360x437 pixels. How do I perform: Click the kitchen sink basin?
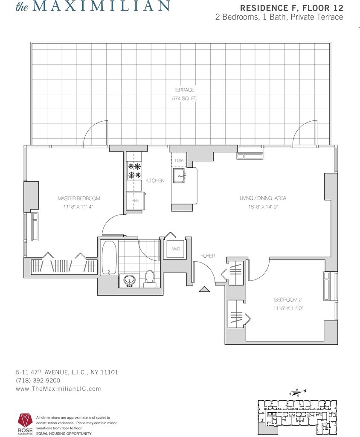point(179,175)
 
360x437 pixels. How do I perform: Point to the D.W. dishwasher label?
point(178,161)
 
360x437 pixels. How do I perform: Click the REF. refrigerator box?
point(135,200)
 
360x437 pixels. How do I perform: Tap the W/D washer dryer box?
point(176,248)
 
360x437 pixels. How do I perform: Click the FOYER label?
point(208,256)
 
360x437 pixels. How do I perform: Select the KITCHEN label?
point(155,181)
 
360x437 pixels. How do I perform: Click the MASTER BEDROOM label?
point(79,198)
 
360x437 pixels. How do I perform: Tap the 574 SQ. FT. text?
point(183,98)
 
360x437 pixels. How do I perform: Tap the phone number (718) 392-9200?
point(38,380)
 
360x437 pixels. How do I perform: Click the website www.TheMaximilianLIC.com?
point(58,388)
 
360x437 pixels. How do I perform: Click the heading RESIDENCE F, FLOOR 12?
point(292,8)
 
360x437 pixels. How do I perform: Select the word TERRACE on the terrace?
point(183,90)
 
